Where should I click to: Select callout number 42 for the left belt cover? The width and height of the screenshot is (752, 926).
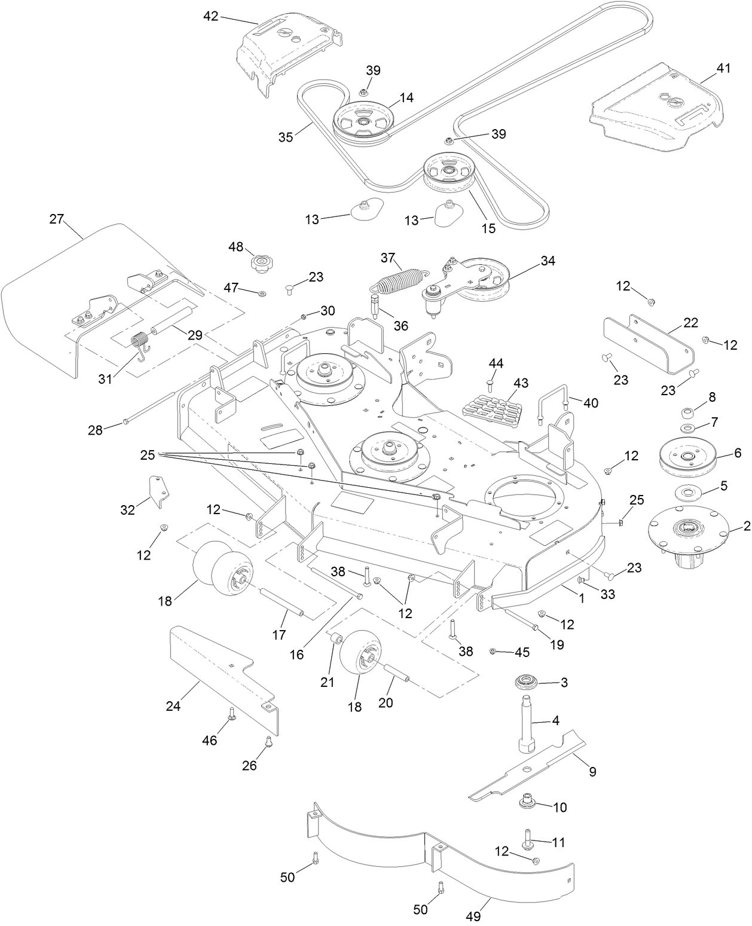point(210,16)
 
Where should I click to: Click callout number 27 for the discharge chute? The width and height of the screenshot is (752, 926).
point(56,219)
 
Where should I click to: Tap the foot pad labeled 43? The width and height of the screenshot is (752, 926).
point(492,408)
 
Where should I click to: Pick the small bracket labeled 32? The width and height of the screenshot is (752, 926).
point(158,491)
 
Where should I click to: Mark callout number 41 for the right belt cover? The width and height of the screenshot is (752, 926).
point(723,68)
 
